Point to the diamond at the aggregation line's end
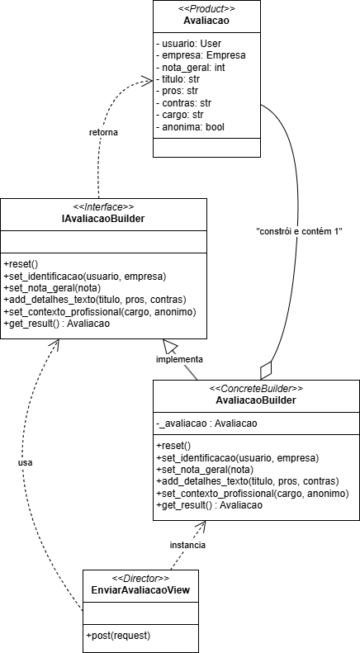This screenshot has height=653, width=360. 266,367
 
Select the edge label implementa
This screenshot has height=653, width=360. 181,360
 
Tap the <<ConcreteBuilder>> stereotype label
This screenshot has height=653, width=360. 256,388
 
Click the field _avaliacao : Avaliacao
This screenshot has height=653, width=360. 206,424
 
